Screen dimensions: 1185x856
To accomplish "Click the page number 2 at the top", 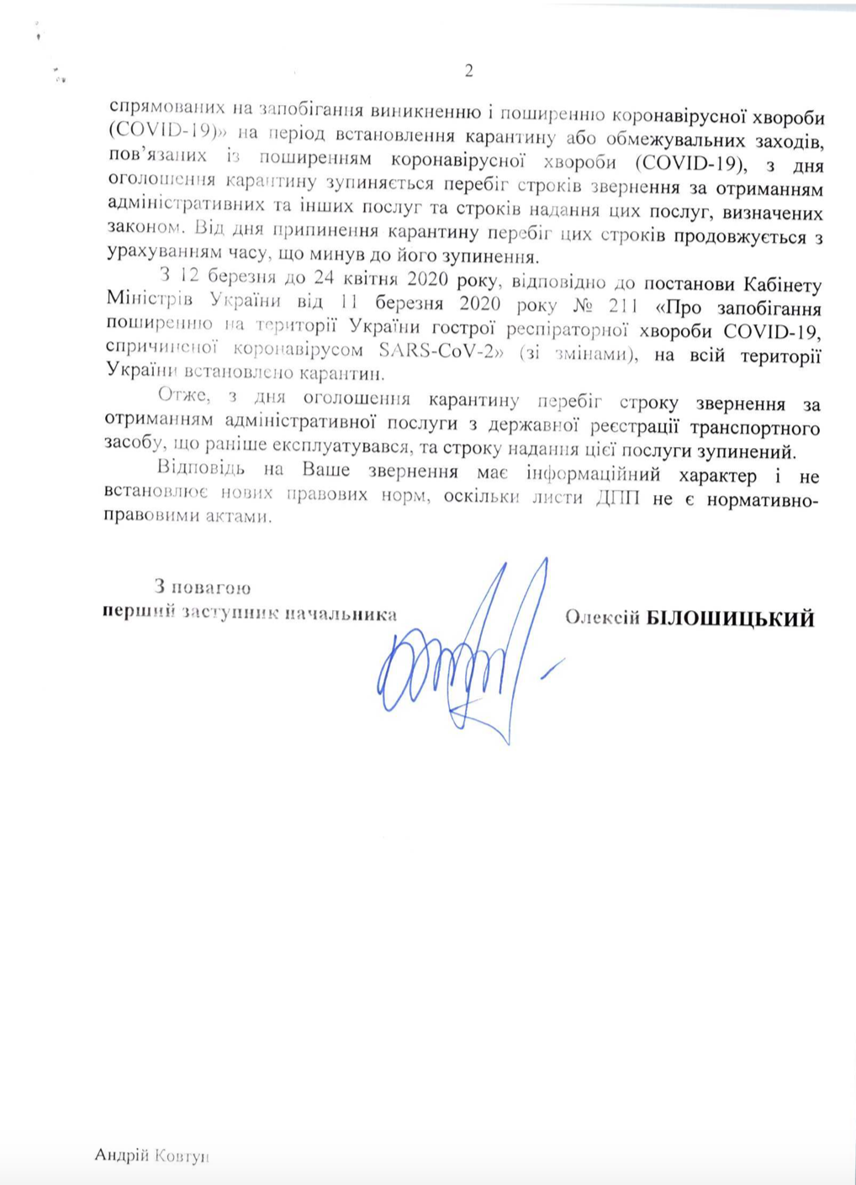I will (468, 71).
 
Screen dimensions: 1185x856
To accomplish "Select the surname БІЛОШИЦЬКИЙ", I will (729, 619).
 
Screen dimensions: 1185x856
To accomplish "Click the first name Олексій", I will (603, 619).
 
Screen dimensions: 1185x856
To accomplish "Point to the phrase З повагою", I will (202, 587).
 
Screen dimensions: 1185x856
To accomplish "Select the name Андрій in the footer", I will (121, 1156).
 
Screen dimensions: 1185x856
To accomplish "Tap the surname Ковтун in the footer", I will (180, 1156).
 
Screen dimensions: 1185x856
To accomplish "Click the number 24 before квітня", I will (324, 276).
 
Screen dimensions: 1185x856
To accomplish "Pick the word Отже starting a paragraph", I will (182, 396).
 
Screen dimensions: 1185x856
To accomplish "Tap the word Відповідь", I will (201, 469).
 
